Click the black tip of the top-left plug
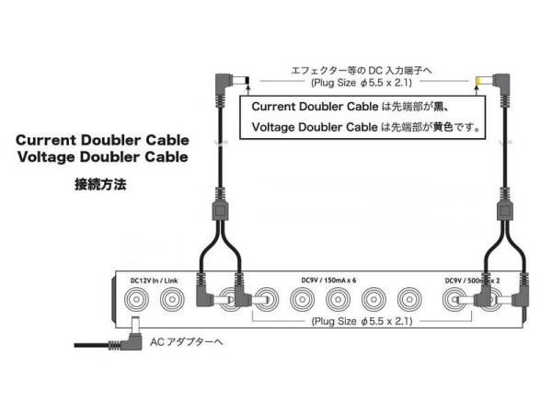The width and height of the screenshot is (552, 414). click(247, 81)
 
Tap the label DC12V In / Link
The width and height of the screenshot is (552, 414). click(154, 281)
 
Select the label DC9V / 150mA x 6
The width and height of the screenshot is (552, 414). click(328, 281)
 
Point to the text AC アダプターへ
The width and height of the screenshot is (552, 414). click(187, 342)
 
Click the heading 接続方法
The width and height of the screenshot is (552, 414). click(100, 185)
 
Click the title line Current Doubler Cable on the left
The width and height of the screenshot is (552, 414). click(102, 140)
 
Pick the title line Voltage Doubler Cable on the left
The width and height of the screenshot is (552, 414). click(102, 157)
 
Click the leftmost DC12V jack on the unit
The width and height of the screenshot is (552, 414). click(136, 300)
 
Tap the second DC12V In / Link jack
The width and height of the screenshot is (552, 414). click(172, 300)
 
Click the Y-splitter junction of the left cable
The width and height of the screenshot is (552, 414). click(220, 212)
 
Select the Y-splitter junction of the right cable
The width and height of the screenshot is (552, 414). click(505, 212)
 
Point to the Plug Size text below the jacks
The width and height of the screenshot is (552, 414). click(362, 321)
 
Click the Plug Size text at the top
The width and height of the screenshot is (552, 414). click(362, 83)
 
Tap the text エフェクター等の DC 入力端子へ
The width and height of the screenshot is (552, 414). click(362, 71)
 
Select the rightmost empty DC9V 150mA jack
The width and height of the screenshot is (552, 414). click(409, 300)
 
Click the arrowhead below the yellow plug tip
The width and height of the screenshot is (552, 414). click(477, 87)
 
